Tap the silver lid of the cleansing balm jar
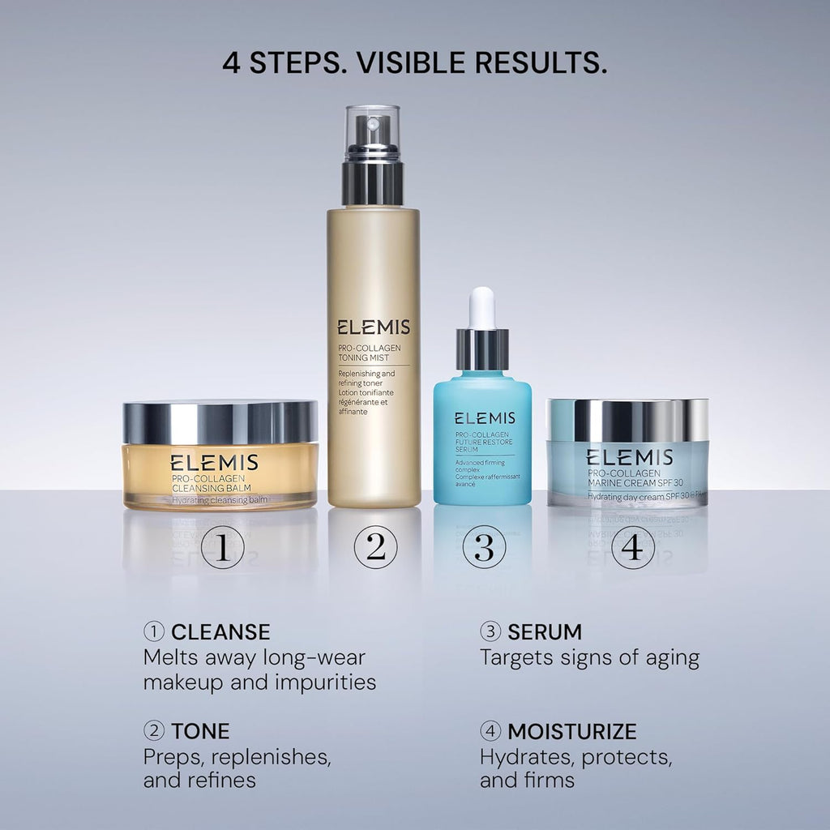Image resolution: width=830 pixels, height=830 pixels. pyautogui.click(x=220, y=422)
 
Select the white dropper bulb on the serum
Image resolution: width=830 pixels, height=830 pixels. pyautogui.click(x=482, y=308)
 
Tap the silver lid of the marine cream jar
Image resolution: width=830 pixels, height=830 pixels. pyautogui.click(x=627, y=419)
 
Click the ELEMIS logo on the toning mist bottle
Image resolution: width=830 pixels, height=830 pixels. pyautogui.click(x=373, y=327)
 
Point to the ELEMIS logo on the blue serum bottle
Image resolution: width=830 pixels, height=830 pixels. pyautogui.click(x=484, y=418)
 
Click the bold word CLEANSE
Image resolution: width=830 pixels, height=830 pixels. pyautogui.click(x=220, y=631)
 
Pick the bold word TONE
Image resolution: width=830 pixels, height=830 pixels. pyautogui.click(x=200, y=731)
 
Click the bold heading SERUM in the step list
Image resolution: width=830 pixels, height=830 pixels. pyautogui.click(x=545, y=631)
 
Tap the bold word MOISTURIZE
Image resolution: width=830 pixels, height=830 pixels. pyautogui.click(x=572, y=731)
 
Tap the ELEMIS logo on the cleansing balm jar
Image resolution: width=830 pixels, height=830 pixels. pyautogui.click(x=214, y=463)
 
